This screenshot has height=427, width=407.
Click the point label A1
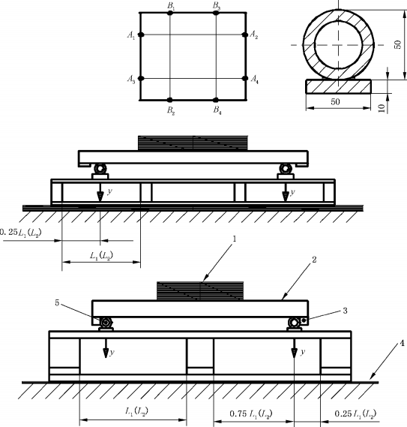click(x=131, y=35)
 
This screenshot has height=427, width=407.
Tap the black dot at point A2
click(x=245, y=35)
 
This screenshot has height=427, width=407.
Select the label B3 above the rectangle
click(x=217, y=5)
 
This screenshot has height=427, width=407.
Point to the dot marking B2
click(x=169, y=100)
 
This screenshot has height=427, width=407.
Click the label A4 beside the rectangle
click(x=254, y=80)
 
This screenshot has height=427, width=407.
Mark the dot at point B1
click(x=170, y=13)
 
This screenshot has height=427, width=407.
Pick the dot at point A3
click(x=141, y=79)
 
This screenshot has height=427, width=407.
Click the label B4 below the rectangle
click(x=217, y=110)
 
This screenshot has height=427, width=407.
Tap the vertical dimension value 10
click(x=382, y=108)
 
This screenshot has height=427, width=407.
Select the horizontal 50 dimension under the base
click(x=335, y=101)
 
